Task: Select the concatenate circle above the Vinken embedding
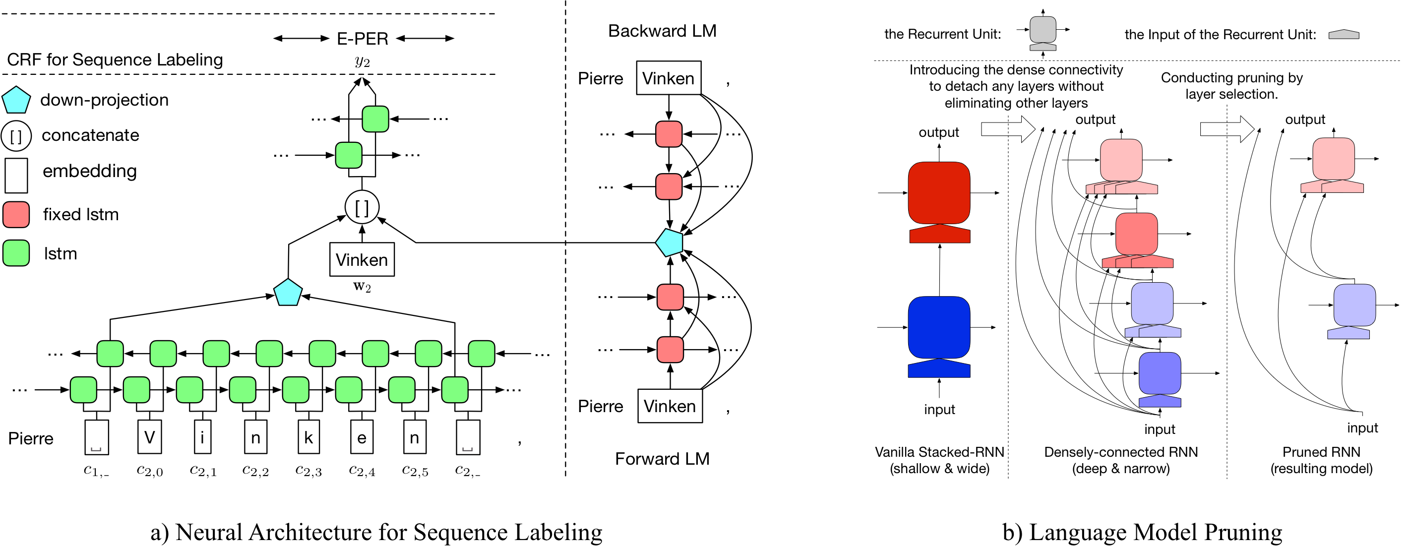click(362, 207)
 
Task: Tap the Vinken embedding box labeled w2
click(362, 259)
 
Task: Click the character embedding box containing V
click(150, 437)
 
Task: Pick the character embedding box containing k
click(309, 437)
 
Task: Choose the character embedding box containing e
click(362, 437)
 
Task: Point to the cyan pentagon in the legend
click(16, 100)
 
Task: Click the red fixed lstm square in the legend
click(16, 214)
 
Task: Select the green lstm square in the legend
click(16, 253)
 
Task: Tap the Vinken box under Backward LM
click(668, 78)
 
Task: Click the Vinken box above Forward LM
click(670, 406)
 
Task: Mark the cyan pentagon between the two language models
click(669, 243)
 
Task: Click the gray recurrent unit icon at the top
click(1043, 30)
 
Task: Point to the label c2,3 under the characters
click(309, 471)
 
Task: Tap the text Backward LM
click(662, 31)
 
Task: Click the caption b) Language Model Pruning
click(1142, 532)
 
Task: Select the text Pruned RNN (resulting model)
click(1321, 460)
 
